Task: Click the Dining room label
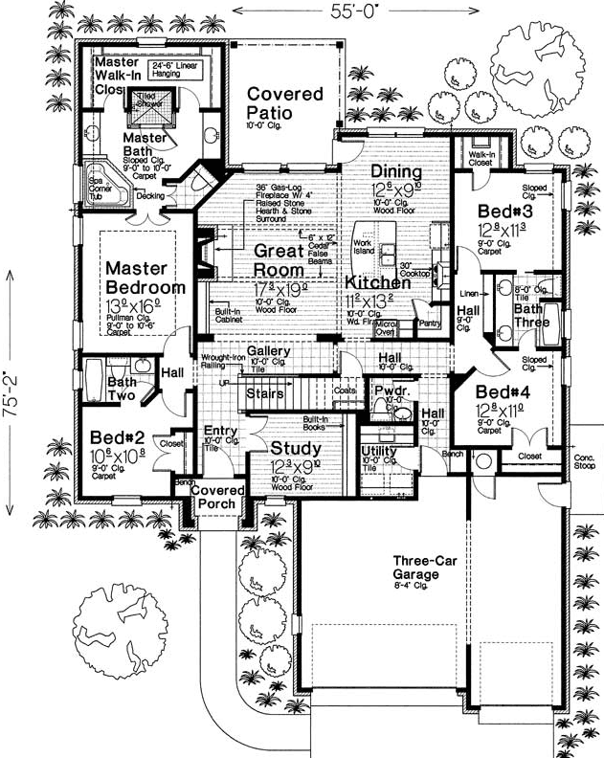(x=397, y=171)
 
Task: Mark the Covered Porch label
(x=217, y=497)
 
